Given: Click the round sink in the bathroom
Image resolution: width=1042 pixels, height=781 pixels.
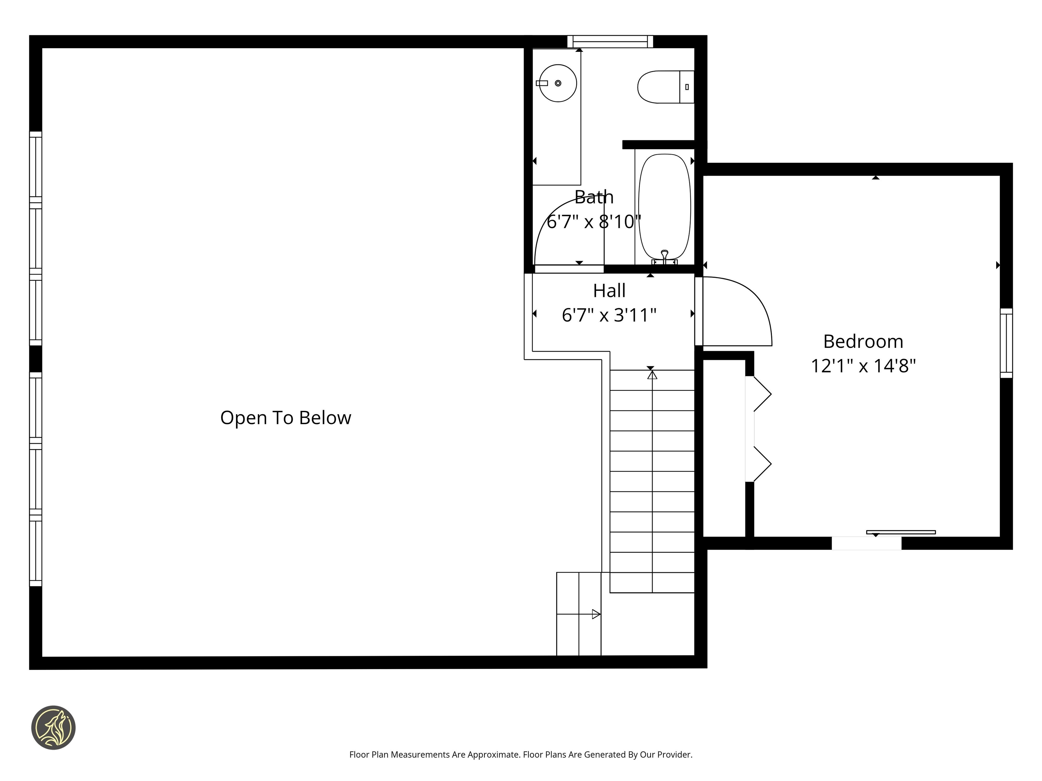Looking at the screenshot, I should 558,83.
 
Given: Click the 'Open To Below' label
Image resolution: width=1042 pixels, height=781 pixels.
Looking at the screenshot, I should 286,418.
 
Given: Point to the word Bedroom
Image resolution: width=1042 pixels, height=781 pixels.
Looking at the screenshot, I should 863,342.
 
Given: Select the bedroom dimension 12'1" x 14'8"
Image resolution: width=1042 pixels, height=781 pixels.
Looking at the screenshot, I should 863,366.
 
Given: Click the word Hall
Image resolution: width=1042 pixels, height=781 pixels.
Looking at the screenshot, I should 609,291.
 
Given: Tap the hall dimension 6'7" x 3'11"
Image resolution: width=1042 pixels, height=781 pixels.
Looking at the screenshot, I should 609,315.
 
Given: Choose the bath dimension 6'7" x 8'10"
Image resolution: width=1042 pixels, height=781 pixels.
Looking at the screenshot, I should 594,221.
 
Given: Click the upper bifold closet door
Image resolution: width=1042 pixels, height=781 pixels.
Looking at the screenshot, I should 762,394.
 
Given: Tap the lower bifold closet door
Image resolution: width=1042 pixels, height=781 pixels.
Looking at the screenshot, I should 762,464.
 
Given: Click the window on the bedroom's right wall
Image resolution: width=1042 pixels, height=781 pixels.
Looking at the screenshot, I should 1006,343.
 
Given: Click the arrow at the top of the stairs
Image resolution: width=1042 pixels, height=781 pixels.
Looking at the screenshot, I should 652,375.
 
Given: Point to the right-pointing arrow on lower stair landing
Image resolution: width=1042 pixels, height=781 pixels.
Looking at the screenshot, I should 596,614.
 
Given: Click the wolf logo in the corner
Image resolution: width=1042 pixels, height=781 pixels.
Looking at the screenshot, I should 53,727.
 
